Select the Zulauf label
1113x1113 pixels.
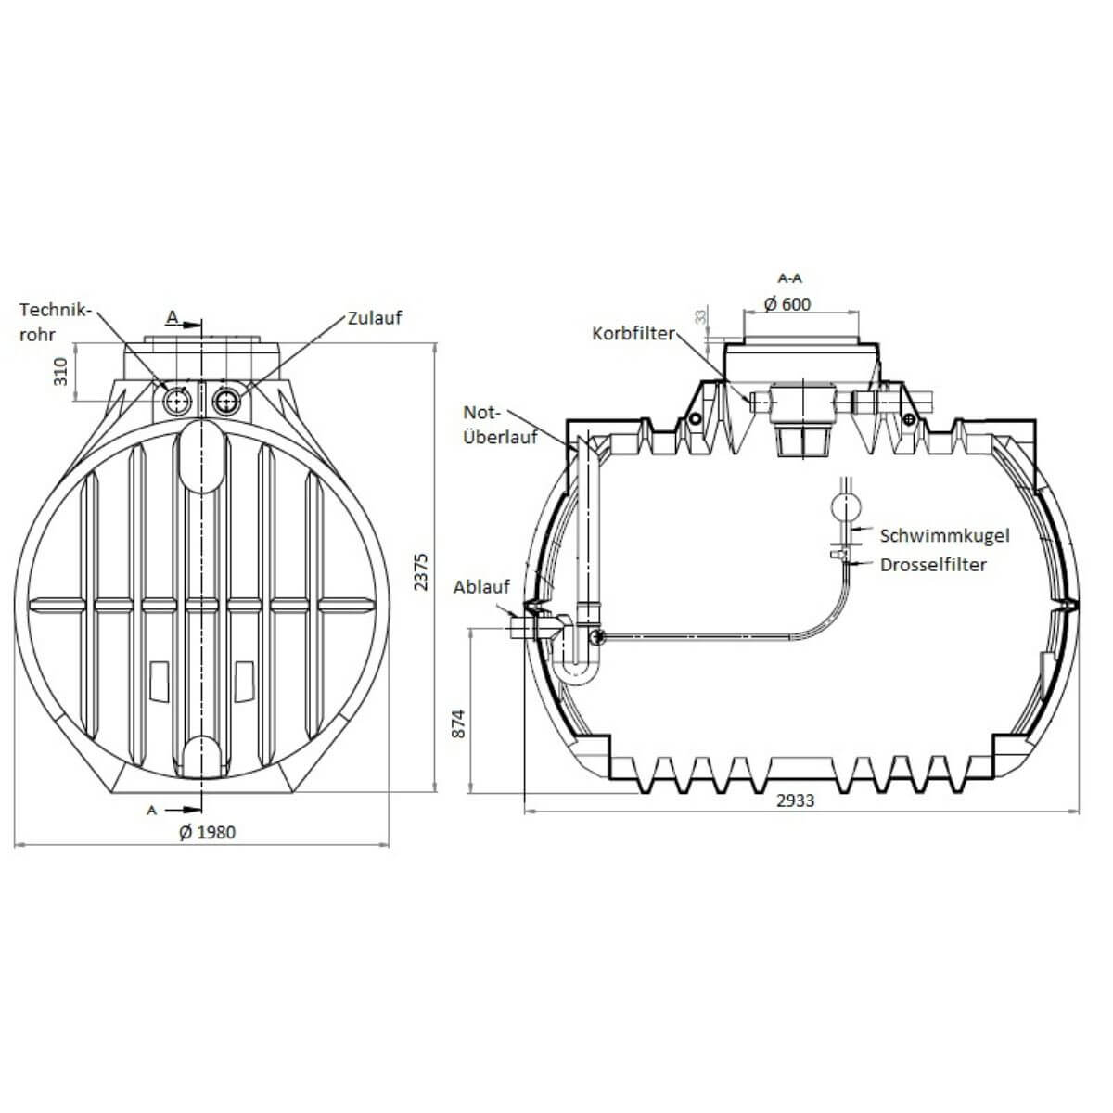point(375,317)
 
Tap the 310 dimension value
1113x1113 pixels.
point(61,372)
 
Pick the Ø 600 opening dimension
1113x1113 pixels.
point(787,304)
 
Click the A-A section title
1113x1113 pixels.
point(790,277)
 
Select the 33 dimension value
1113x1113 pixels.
point(700,317)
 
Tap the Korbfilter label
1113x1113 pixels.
point(633,333)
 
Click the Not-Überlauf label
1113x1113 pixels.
point(500,424)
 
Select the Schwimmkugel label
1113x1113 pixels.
point(944,535)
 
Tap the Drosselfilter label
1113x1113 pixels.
point(933,564)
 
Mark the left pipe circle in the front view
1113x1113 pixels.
point(176,401)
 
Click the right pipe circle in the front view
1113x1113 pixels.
point(225,401)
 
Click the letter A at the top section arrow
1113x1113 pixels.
point(172,317)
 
